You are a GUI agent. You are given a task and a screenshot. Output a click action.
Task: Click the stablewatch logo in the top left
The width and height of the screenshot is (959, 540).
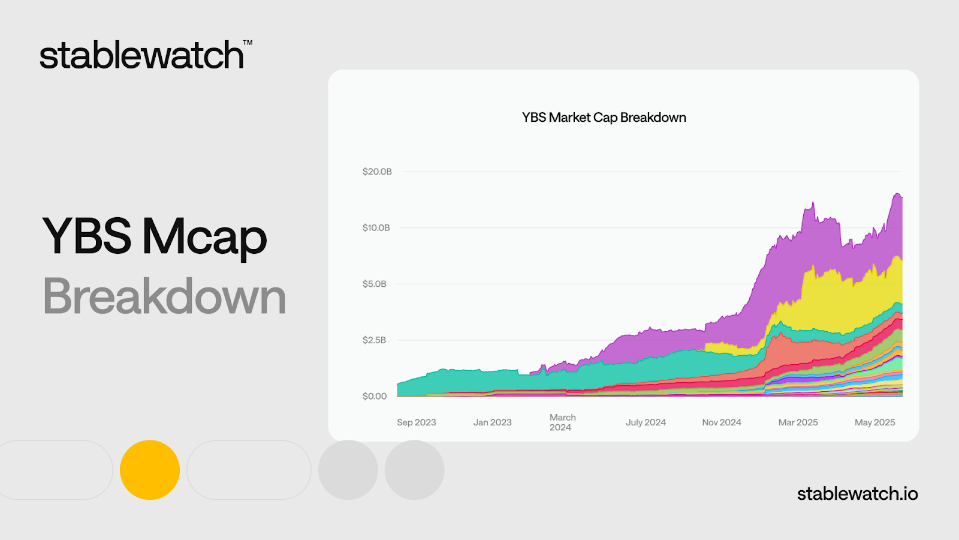click(x=146, y=55)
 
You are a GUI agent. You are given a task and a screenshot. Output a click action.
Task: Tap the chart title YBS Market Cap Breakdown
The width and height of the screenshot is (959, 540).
click(x=604, y=118)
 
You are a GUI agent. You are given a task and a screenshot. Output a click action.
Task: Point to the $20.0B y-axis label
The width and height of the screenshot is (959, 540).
click(x=377, y=172)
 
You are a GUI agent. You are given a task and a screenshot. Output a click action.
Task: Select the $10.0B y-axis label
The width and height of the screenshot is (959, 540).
click(x=376, y=227)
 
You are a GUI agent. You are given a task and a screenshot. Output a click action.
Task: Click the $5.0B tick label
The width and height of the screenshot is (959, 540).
click(x=374, y=284)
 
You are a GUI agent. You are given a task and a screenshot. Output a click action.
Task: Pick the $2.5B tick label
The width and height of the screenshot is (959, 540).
click(x=374, y=340)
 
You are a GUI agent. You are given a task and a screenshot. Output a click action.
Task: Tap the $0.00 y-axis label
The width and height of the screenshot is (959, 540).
click(x=375, y=396)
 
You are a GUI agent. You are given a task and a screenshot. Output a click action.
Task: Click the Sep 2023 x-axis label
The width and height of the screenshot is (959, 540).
click(x=416, y=422)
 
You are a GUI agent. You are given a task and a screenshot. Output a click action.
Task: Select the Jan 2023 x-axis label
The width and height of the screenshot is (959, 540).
click(x=492, y=422)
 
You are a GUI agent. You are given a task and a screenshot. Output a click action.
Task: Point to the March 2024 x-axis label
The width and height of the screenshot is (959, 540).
click(x=563, y=422)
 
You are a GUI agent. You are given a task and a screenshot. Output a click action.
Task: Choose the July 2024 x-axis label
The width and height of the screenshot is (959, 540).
click(x=646, y=422)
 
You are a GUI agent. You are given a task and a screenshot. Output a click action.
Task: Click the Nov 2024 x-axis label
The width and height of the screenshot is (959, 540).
click(x=722, y=422)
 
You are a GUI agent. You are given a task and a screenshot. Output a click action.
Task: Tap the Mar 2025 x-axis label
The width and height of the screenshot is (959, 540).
click(x=798, y=422)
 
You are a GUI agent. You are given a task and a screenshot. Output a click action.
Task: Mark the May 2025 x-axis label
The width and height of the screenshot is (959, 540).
click(x=874, y=422)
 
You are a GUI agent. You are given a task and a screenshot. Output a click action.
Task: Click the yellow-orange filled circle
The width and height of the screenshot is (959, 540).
click(x=150, y=470)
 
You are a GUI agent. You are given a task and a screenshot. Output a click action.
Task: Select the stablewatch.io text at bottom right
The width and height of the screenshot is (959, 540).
click(x=858, y=494)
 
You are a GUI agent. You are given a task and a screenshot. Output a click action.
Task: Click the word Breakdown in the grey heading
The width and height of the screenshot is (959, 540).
click(x=164, y=296)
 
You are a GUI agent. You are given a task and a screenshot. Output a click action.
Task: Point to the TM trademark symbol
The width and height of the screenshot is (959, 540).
click(x=248, y=43)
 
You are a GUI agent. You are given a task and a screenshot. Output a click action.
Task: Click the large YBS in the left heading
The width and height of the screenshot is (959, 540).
click(x=86, y=236)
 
